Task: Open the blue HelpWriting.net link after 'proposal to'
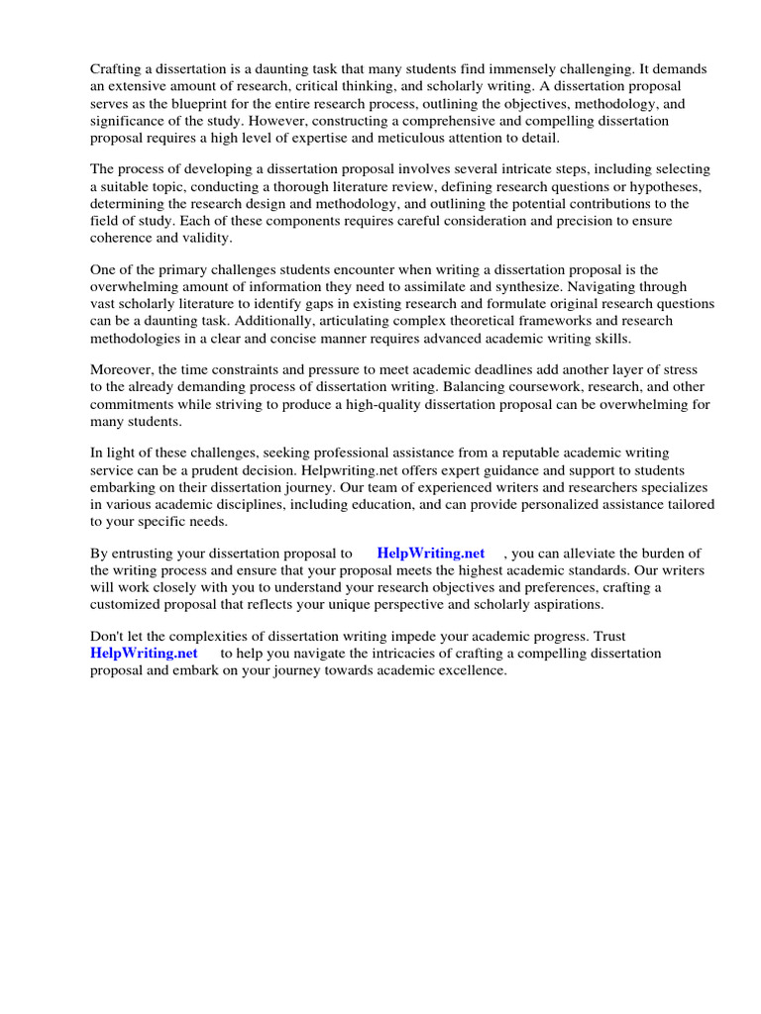[x=430, y=554]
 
